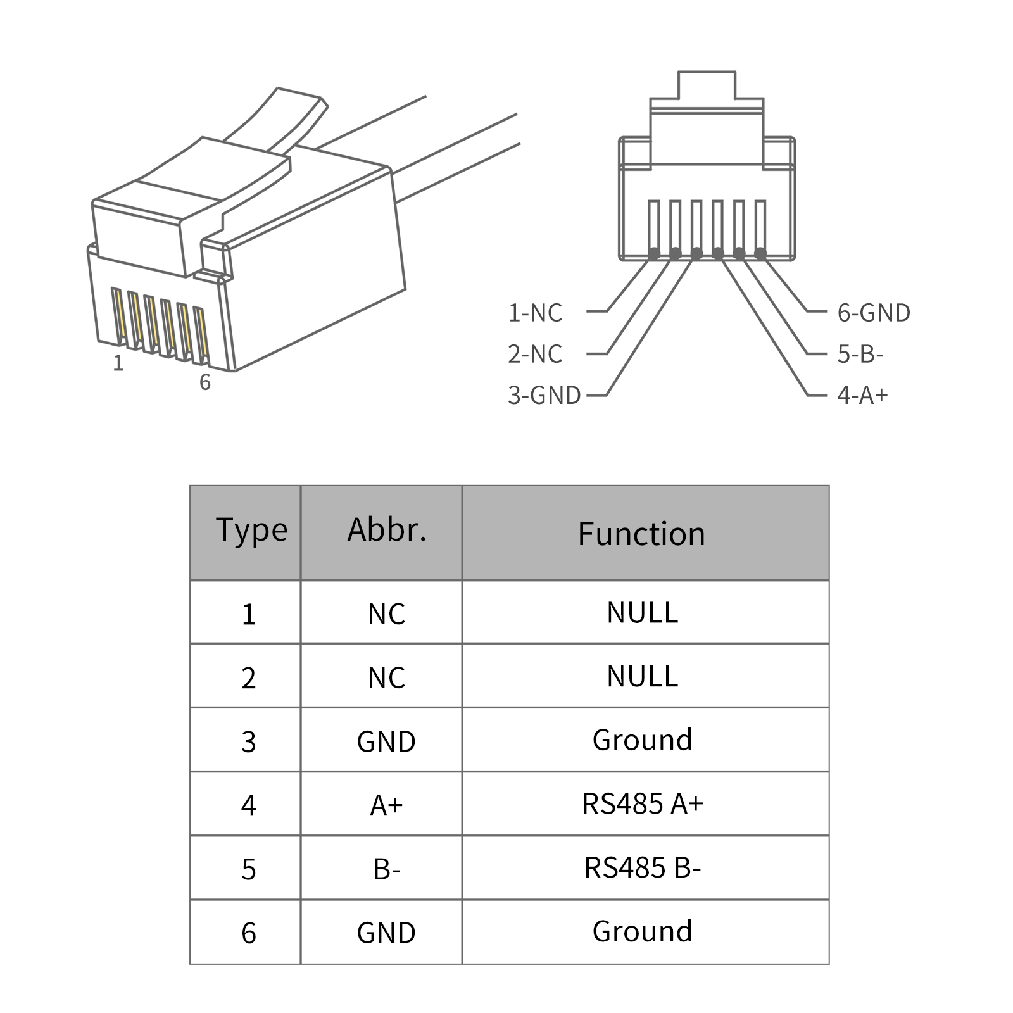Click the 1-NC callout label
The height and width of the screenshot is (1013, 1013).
tap(535, 313)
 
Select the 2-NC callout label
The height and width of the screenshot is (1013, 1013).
tap(535, 354)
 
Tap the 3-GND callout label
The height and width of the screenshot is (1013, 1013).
tap(544, 395)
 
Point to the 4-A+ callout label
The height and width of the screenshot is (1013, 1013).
tap(862, 395)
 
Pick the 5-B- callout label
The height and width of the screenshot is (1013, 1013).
tap(860, 354)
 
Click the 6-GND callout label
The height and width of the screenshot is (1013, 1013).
tap(873, 313)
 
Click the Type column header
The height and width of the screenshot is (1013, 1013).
tap(251, 531)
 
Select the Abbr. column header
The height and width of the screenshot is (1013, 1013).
tap(387, 531)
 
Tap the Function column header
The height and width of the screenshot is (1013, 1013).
tap(641, 534)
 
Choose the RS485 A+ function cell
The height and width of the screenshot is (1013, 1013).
tap(643, 803)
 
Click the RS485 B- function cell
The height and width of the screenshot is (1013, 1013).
tap(643, 867)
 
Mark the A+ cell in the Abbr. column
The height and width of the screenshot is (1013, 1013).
tap(386, 805)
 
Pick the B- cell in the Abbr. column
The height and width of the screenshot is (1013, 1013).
tap(386, 869)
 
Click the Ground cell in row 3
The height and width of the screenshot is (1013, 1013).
tap(643, 739)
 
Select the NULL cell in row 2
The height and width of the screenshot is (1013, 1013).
tap(643, 676)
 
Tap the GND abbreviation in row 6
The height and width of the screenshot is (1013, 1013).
tap(386, 933)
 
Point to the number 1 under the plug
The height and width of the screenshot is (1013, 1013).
tap(118, 363)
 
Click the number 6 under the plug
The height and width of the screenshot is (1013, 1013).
tap(204, 382)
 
